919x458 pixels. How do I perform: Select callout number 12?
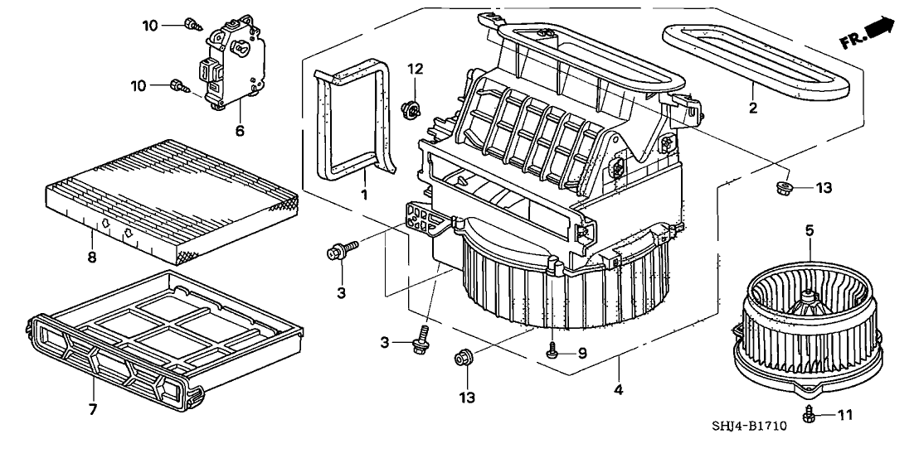click(x=415, y=68)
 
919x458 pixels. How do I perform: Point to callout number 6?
click(x=239, y=131)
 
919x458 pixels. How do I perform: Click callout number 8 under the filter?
click(x=92, y=258)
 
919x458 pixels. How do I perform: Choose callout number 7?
click(x=93, y=409)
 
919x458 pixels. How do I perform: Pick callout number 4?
click(x=620, y=388)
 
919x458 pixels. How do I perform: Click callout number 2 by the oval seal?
click(x=753, y=108)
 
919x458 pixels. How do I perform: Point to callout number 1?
click(x=363, y=193)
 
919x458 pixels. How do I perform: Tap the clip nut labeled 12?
click(x=410, y=108)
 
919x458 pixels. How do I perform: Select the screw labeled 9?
click(x=552, y=352)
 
